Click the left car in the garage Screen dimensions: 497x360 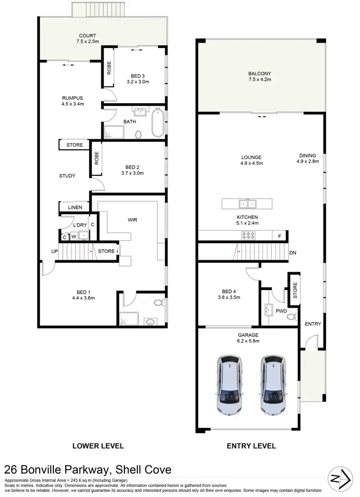[x=229, y=385]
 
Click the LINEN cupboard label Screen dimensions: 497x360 [x=75, y=207]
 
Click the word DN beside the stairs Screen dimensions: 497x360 [x=292, y=253]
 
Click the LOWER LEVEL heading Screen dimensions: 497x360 [x=98, y=446]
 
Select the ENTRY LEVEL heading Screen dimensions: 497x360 [x=251, y=446]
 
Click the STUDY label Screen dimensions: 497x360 [x=67, y=176]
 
